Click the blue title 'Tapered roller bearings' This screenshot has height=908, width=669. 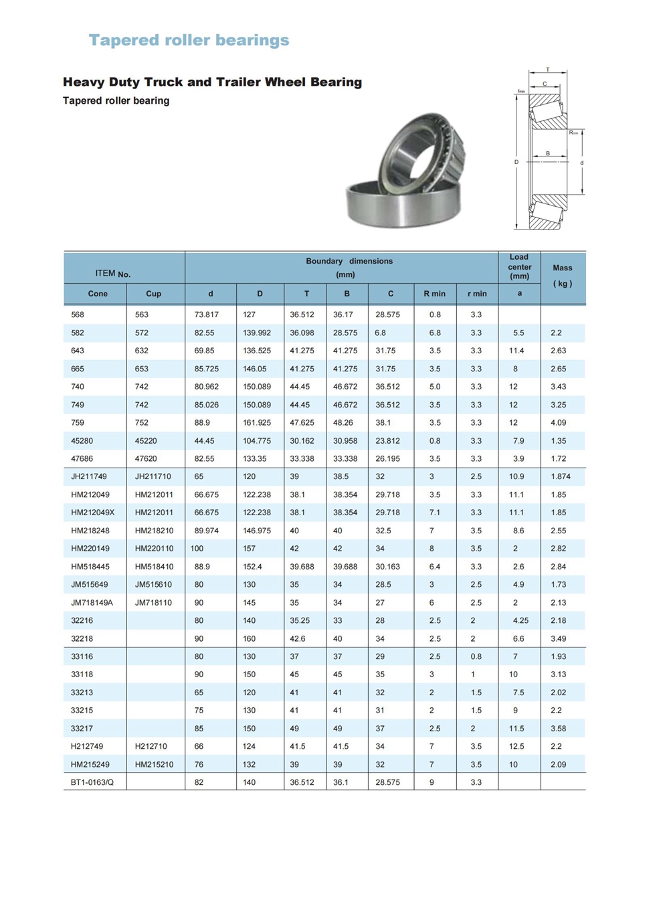click(189, 40)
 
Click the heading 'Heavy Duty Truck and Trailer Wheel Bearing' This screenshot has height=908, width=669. click(212, 82)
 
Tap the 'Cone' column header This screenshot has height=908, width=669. click(98, 294)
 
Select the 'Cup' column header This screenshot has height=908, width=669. click(153, 294)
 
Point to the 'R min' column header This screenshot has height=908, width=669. click(434, 294)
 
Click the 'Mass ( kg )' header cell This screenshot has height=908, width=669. click(562, 276)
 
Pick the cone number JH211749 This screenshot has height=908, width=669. click(89, 476)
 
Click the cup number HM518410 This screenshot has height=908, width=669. click(154, 567)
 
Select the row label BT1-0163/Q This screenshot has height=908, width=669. click(92, 782)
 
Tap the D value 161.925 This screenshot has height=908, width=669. click(257, 423)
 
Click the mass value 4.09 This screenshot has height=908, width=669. click(558, 423)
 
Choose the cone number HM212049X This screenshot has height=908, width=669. click(93, 513)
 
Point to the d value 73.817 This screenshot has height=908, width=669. click(207, 314)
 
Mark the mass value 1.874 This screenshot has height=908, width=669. click(561, 476)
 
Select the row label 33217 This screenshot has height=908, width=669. click(82, 729)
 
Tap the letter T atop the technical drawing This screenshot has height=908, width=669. click(548, 70)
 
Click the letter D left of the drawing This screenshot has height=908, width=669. click(516, 162)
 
